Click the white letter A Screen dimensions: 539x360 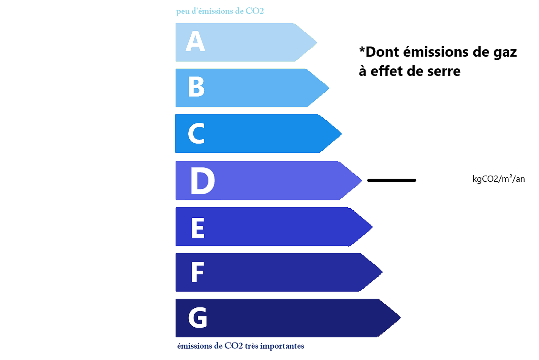pos(195,41)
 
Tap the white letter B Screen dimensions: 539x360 pos(196,87)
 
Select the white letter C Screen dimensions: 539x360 pos(196,133)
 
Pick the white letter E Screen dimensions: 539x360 pos(198,228)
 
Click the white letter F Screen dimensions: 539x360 pos(197,272)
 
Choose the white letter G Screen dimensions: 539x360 pos(197,318)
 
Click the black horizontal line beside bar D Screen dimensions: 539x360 pos(391,180)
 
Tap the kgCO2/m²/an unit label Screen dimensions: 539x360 pos(499,179)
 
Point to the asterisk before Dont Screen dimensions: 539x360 pos(362,50)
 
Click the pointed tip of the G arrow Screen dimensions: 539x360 pos(401,318)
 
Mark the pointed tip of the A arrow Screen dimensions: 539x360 pos(317,42)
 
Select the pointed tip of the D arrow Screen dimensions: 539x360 pos(361,180)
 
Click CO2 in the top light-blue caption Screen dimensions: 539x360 pos(255,11)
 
